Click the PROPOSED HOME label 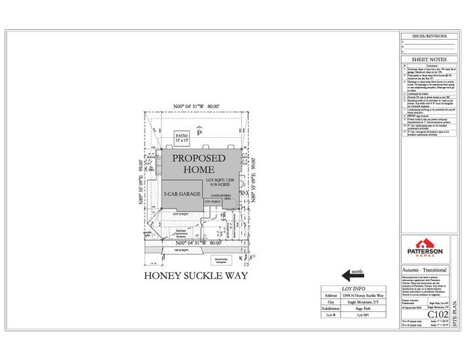199,164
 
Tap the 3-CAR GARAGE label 181,193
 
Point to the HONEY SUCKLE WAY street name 196,275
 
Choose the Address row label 330,296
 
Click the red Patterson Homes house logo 424,241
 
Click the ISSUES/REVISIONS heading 424,36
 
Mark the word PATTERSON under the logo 424,251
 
